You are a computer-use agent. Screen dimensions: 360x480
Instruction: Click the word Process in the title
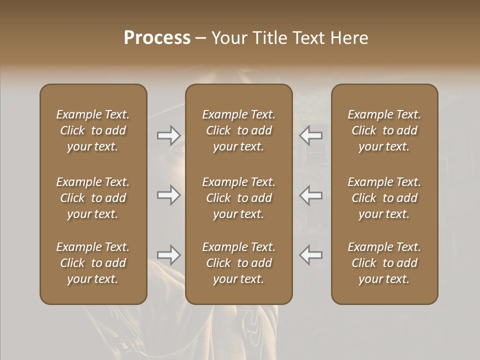click(x=157, y=37)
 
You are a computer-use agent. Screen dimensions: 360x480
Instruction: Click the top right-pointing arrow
click(x=169, y=135)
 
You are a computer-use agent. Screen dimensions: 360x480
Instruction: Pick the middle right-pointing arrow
click(x=169, y=195)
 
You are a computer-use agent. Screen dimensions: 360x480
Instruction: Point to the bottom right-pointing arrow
click(x=169, y=255)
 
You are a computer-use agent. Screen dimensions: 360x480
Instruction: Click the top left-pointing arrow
click(x=311, y=135)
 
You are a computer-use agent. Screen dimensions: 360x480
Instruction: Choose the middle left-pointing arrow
click(x=311, y=195)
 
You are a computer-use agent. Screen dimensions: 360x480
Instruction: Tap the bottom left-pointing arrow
click(x=311, y=255)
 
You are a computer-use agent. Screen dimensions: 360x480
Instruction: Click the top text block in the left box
click(x=93, y=130)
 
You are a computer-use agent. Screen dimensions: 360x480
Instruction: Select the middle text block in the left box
click(x=93, y=198)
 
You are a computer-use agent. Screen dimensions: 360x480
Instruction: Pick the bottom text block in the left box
click(x=93, y=263)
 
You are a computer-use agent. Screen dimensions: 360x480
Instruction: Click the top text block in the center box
click(x=238, y=130)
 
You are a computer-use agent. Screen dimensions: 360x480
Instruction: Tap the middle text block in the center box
click(x=238, y=198)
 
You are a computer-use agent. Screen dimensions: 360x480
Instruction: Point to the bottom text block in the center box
click(x=238, y=263)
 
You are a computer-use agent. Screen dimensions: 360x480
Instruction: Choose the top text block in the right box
click(x=384, y=130)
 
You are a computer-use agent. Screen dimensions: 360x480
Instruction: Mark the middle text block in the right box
click(x=384, y=198)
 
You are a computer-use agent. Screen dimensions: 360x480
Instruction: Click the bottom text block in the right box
click(x=384, y=263)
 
